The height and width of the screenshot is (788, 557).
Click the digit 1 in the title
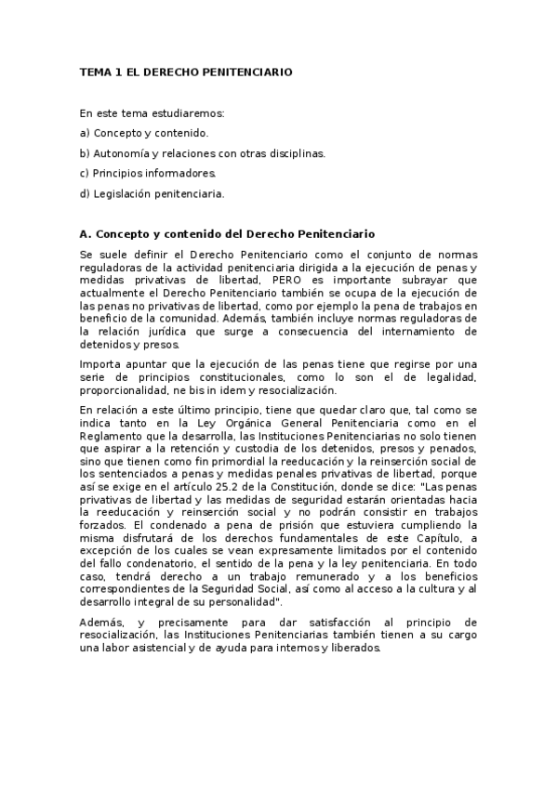(x=115, y=71)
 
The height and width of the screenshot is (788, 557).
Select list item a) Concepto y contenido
(x=144, y=133)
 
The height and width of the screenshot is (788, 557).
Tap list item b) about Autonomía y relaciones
(x=203, y=153)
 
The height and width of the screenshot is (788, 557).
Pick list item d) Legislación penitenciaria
(x=153, y=194)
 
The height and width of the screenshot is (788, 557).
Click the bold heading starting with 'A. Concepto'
(x=227, y=233)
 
